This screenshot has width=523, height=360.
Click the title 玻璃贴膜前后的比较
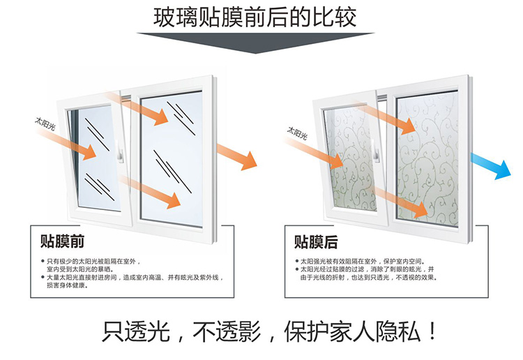[255, 17]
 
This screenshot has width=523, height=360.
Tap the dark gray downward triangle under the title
[256, 42]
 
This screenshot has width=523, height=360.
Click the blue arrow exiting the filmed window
[491, 166]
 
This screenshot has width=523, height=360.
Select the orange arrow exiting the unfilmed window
[237, 157]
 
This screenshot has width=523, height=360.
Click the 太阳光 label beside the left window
[45, 123]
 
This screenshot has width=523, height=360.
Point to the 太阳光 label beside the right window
[298, 133]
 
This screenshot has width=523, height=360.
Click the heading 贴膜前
[62, 241]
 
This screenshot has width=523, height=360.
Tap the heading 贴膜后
[316, 242]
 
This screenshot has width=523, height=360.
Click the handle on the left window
[120, 152]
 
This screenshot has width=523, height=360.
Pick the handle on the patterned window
[376, 152]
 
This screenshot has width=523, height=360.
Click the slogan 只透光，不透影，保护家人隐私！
[269, 331]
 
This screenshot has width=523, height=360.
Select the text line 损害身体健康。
[67, 285]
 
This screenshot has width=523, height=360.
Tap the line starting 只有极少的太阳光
[93, 261]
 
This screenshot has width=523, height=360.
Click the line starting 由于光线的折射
[369, 278]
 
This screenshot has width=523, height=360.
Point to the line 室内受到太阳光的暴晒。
[80, 269]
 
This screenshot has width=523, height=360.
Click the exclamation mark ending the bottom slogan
[432, 331]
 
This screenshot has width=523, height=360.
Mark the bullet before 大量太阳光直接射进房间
[43, 277]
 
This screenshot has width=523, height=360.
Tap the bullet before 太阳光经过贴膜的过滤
[297, 269]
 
